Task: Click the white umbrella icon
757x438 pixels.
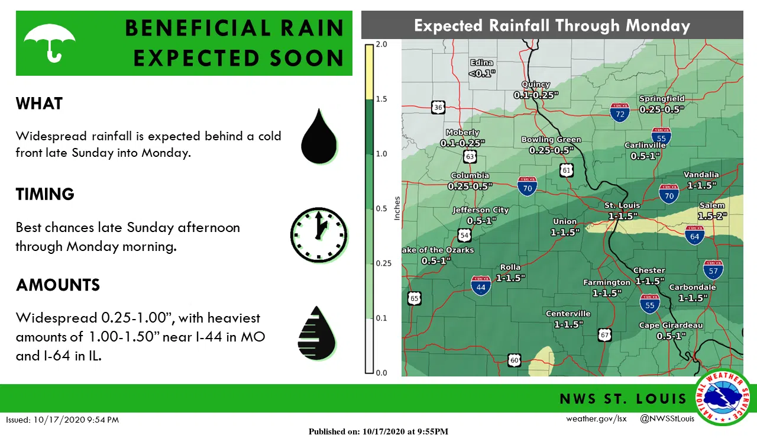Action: tap(50, 42)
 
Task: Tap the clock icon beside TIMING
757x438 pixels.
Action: tap(319, 235)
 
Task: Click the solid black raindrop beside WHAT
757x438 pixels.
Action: tap(319, 137)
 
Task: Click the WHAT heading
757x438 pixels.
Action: tap(39, 104)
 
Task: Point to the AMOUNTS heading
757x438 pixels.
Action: tap(58, 285)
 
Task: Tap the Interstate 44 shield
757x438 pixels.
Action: tap(481, 285)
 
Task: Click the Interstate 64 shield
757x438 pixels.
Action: tap(694, 235)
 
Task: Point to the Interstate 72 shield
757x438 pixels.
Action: tap(620, 112)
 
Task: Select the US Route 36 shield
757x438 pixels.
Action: tap(438, 107)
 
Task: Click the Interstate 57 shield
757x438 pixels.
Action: tap(714, 270)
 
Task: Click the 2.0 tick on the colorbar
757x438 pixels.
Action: tap(381, 44)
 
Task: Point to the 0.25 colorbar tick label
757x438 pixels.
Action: tap(384, 263)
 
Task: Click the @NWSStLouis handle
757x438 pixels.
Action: tap(667, 419)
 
